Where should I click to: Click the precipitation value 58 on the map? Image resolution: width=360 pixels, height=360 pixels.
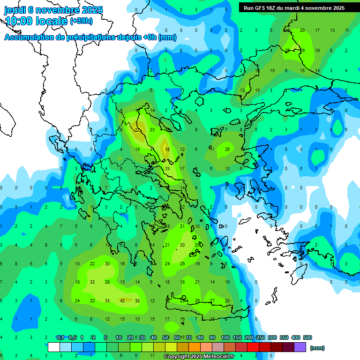pyautogui.click(x=167, y=150)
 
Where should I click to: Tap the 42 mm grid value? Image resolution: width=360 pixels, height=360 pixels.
pyautogui.click(x=122, y=300)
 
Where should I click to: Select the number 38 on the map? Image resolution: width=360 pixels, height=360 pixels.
pyautogui.click(x=137, y=300)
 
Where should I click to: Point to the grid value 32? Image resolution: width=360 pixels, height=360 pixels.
pyautogui.click(x=92, y=282)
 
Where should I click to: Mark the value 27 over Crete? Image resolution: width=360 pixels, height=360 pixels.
pyautogui.click(x=212, y=300)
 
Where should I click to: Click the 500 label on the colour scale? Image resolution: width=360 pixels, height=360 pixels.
pyautogui.click(x=307, y=337)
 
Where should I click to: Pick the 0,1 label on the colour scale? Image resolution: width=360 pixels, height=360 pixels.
pyautogui.click(x=60, y=337)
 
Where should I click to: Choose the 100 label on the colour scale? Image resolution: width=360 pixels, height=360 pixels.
pyautogui.click(x=225, y=337)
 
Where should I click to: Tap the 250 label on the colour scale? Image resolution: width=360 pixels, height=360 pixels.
pyautogui.click(x=261, y=337)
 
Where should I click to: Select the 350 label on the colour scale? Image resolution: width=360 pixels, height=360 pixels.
pyautogui.click(x=284, y=337)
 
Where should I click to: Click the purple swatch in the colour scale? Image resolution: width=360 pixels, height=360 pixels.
pyautogui.click(x=300, y=347)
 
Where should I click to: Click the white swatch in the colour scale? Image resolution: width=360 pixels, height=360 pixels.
pyautogui.click(x=54, y=347)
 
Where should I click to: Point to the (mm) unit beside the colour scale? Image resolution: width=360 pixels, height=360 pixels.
pyautogui.click(x=317, y=348)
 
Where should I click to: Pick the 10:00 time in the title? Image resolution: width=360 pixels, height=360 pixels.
pyautogui.click(x=18, y=21)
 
